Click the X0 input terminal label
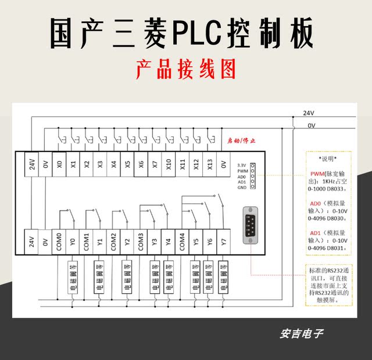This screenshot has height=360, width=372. tap(59, 164)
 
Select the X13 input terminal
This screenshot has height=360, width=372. tap(210, 164)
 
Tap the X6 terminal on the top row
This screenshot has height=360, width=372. tap(141, 164)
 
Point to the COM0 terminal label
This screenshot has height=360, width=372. tap(59, 241)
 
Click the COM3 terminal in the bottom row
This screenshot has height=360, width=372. tap(141, 241)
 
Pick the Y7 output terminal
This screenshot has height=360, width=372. tap(223, 241)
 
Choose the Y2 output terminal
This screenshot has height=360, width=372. tap(127, 241)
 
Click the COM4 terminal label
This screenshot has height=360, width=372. tap(182, 241)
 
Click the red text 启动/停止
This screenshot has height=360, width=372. tap(240, 141)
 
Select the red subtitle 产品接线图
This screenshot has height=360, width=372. tap(186, 70)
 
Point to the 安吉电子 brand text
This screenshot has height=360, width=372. tap(301, 334)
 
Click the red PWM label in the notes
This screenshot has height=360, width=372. tap(317, 174)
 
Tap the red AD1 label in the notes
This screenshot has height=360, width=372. tap(317, 233)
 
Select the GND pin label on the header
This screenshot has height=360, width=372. tap(242, 188)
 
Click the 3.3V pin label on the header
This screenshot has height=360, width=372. tap(242, 165)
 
